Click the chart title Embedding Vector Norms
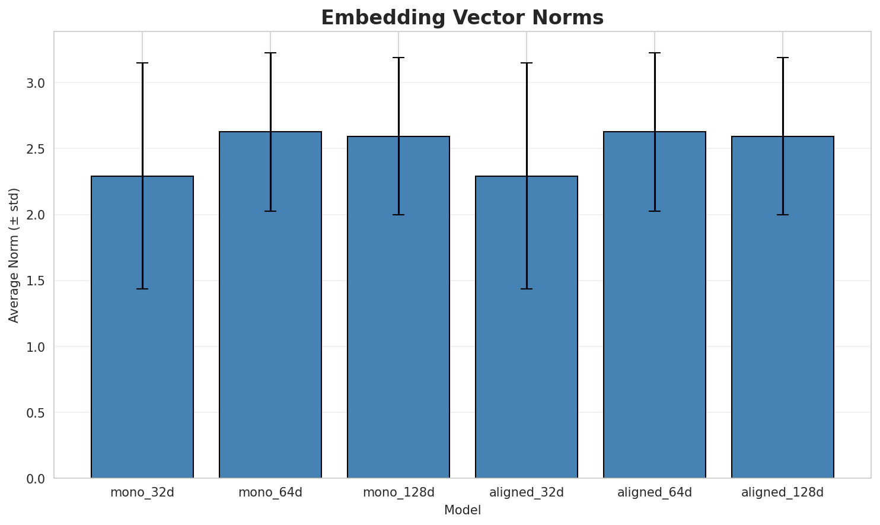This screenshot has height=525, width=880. [x=462, y=18]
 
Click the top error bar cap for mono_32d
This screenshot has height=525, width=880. [x=142, y=63]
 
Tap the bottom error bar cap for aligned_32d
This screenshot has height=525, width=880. [x=527, y=289]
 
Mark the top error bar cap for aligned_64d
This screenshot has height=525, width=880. [x=655, y=53]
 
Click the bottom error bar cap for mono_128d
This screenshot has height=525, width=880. [x=398, y=215]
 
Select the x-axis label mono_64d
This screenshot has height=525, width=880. [x=270, y=492]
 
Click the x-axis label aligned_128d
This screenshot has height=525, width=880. [x=783, y=492]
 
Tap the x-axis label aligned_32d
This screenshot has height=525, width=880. [x=527, y=492]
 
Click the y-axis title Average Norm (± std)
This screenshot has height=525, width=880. [x=14, y=255]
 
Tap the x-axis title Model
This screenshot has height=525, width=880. [x=462, y=510]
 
